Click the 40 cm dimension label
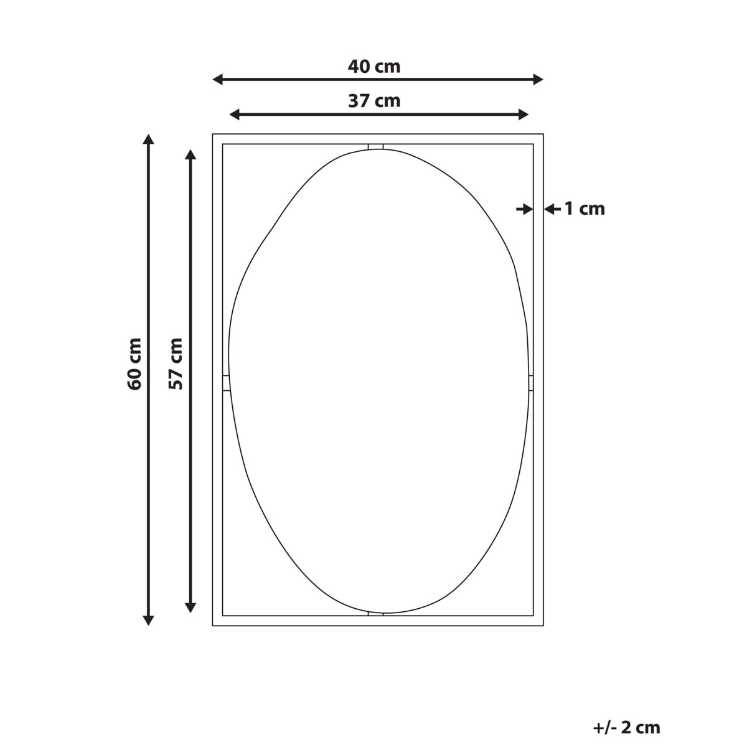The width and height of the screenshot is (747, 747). click(x=374, y=66)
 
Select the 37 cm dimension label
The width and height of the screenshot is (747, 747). click(x=374, y=100)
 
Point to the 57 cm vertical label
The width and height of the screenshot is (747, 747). click(x=176, y=364)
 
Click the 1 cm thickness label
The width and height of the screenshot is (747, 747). click(x=585, y=209)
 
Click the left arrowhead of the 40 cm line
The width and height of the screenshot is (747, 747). click(x=218, y=79)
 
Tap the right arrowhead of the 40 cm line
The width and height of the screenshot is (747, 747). click(x=538, y=79)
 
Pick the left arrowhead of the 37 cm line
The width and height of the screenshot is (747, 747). click(x=235, y=114)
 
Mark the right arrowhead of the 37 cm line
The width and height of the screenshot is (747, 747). click(x=524, y=114)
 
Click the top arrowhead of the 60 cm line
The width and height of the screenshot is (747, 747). click(x=148, y=139)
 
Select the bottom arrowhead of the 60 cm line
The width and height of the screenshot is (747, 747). click(x=148, y=620)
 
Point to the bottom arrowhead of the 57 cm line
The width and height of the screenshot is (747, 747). click(x=191, y=607)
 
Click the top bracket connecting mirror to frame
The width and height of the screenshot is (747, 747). click(x=375, y=147)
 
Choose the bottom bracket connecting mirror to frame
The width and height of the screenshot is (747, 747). click(x=375, y=613)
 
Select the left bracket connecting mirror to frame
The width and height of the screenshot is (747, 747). click(x=226, y=383)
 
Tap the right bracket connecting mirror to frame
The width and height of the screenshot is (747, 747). click(x=531, y=383)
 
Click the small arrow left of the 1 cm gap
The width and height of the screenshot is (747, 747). click(x=524, y=209)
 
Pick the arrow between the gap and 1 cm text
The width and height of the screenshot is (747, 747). click(x=550, y=209)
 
